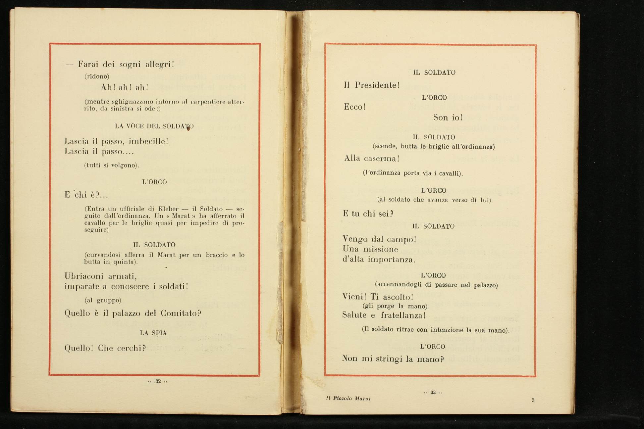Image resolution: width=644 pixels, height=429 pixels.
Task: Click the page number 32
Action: pos(158,381)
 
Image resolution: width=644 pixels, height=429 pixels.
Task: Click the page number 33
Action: pos(433,393)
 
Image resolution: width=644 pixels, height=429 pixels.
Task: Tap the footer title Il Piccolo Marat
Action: pos(348,399)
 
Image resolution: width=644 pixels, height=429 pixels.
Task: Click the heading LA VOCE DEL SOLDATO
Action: pos(154,126)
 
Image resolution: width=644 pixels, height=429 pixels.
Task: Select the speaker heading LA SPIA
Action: pos(153,333)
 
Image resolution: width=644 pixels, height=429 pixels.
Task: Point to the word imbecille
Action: pos(148,141)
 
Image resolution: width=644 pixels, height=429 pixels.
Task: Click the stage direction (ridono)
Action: pos(97,76)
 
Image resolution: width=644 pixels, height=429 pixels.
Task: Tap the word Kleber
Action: pos(169,209)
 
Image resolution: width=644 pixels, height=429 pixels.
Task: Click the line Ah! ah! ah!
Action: pos(125,87)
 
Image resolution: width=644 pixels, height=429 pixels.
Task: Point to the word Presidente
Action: pos(377,85)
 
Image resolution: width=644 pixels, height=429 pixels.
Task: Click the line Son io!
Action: pos(448,118)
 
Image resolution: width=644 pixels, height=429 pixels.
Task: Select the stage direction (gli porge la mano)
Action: pos(395,306)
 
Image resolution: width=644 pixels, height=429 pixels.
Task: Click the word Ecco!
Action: pos(354,107)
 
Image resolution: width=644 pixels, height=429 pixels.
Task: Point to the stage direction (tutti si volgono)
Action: pos(111,165)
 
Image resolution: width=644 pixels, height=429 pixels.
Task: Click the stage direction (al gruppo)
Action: pos(103,301)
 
